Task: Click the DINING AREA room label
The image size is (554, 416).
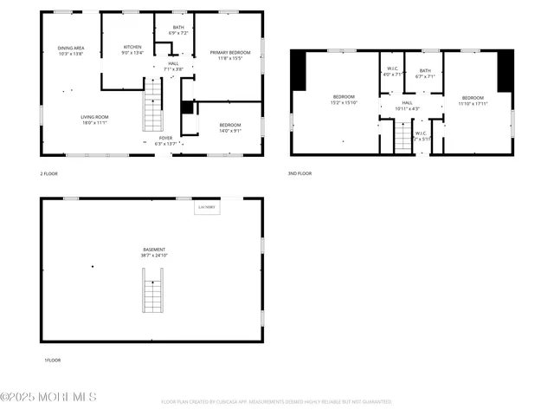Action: coord(71,50)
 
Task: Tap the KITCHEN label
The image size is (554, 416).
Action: coord(132,49)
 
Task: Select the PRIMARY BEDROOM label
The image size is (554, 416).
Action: coord(230,55)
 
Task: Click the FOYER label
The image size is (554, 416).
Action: coord(165,140)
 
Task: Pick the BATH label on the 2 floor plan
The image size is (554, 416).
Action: coord(177,29)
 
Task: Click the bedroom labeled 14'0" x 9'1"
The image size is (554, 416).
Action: coord(230,127)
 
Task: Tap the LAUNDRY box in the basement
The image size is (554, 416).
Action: coord(206,208)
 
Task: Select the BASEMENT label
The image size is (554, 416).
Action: coord(154,252)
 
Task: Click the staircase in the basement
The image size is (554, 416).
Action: coord(153,290)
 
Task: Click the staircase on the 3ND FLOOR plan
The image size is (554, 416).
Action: coord(403,137)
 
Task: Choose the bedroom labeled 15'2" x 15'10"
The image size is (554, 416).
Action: coord(345,99)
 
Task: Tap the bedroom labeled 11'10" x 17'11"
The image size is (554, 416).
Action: coord(473,101)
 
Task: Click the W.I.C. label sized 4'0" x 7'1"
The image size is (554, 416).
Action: coord(393,72)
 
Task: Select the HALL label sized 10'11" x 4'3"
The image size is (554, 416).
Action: coord(407,105)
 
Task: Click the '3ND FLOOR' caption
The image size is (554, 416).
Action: coord(300,173)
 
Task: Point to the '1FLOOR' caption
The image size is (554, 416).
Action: coord(52,360)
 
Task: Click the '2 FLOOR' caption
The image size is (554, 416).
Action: coord(50,173)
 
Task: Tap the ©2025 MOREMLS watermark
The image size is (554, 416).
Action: coord(48,397)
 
